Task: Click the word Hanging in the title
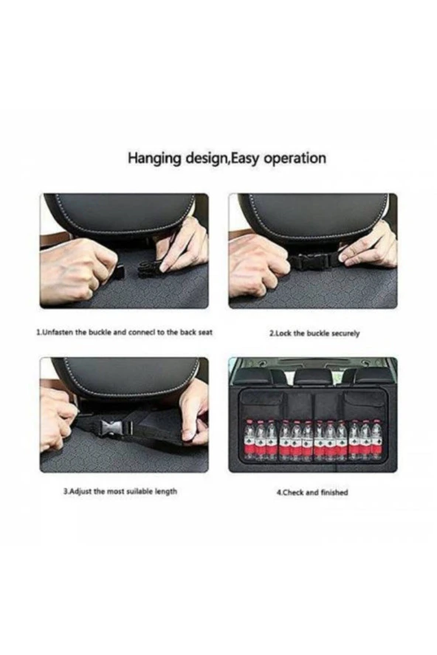pyautogui.click(x=154, y=159)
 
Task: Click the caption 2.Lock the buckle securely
pyautogui.click(x=314, y=333)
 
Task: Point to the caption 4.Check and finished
pyautogui.click(x=312, y=492)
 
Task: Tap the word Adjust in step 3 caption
pyautogui.click(x=80, y=491)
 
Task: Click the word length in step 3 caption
pyautogui.click(x=165, y=491)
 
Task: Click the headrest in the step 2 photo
pyautogui.click(x=313, y=217)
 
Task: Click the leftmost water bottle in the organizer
pyautogui.click(x=250, y=440)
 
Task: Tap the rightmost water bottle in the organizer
pyautogui.click(x=376, y=440)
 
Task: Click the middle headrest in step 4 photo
pyautogui.click(x=313, y=376)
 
